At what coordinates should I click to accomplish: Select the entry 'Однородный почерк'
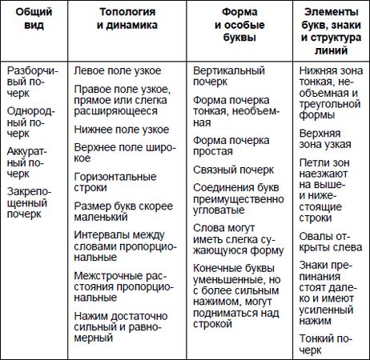33,117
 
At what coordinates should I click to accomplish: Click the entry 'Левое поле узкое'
118,71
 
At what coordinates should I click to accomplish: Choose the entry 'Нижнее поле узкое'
120,129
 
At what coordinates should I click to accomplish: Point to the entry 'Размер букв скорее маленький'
123,212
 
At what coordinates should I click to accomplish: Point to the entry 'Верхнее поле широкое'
122,154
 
